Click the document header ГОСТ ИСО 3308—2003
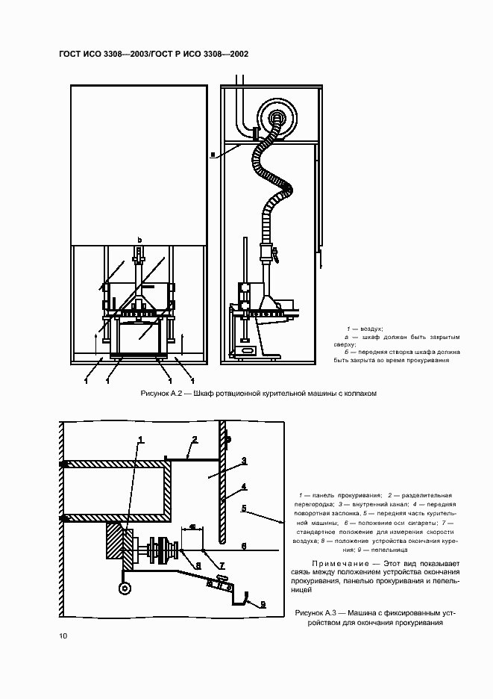click(105, 55)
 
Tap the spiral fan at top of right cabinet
click(275, 116)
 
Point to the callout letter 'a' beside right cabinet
click(213, 155)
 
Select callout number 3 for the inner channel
click(243, 461)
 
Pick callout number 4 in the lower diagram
click(243, 487)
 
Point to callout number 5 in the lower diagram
click(243, 509)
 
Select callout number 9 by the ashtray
click(262, 605)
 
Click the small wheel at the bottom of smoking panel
click(124, 588)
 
